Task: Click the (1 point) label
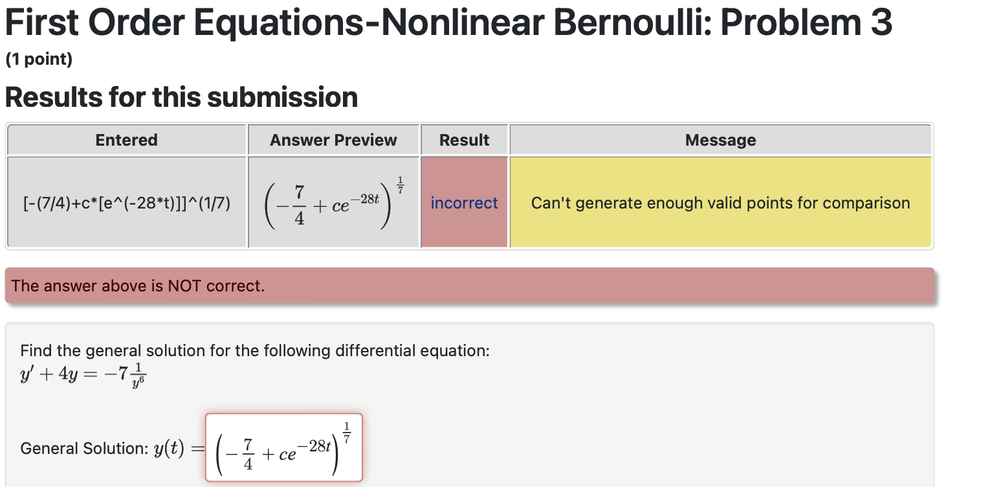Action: [39, 60]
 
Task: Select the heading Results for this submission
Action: [181, 98]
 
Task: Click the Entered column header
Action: [127, 140]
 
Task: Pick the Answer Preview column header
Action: [333, 140]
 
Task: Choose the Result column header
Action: [464, 140]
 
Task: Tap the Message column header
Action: [720, 140]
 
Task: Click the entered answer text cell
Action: [127, 203]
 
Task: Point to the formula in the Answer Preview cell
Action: [333, 202]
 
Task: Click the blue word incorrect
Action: [464, 203]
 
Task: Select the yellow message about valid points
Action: [720, 203]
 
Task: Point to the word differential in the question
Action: [377, 351]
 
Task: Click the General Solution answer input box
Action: [283, 447]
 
